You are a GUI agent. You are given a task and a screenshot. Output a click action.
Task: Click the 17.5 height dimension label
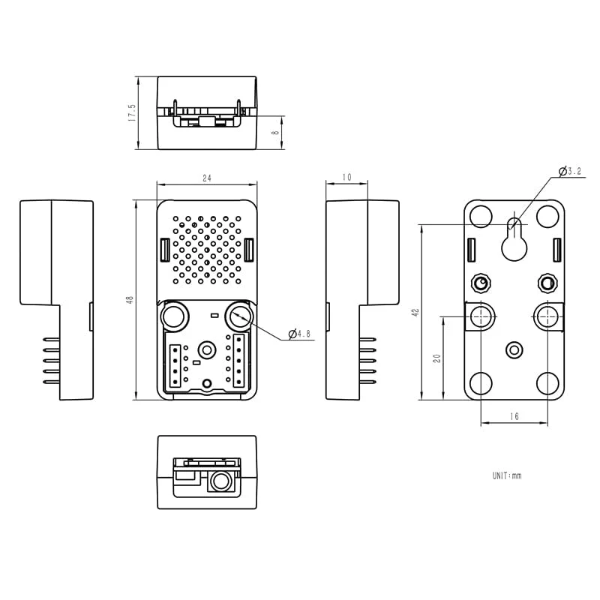tap(132, 112)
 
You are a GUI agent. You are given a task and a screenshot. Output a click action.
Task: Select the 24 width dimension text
tap(207, 178)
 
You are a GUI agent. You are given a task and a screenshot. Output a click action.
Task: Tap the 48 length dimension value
tap(130, 299)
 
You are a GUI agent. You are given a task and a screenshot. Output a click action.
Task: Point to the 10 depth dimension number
tap(346, 178)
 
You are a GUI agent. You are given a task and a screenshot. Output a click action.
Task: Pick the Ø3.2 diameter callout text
tap(571, 172)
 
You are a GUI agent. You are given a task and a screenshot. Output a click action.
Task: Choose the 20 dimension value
tap(437, 358)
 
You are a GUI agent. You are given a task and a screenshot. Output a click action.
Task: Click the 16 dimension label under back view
tap(514, 416)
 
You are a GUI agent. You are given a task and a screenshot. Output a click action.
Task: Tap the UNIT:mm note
tap(506, 475)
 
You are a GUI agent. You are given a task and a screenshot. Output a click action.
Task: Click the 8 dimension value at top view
tap(275, 133)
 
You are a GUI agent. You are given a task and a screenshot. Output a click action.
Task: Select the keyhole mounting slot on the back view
tap(514, 238)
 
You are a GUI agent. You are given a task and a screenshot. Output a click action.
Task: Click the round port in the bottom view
tap(220, 481)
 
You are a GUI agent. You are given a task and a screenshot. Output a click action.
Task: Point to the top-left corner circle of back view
tap(480, 215)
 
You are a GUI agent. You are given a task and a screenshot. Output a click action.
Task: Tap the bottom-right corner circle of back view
tap(548, 384)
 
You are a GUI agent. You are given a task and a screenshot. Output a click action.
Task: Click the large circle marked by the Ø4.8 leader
tap(241, 316)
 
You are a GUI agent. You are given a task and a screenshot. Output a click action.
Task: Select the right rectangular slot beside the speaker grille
tap(249, 250)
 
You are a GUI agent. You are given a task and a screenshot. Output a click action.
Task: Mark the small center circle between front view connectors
tap(207, 349)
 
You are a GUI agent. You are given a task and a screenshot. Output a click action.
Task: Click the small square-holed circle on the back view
tap(547, 283)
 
